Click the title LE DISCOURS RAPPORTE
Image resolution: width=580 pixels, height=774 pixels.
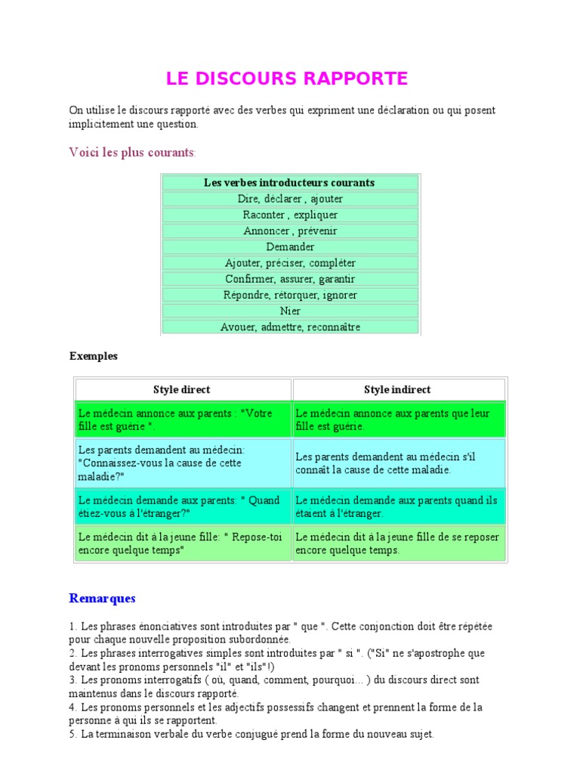click(x=287, y=79)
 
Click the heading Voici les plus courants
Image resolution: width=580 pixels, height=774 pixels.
click(x=132, y=153)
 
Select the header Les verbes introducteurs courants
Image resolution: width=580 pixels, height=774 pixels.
click(x=290, y=183)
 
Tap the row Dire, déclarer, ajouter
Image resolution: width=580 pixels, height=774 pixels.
click(x=290, y=199)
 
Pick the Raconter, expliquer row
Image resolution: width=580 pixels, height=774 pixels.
click(x=290, y=215)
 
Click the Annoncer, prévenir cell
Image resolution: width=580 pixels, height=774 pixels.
click(x=290, y=231)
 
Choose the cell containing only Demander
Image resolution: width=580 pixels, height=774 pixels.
click(x=290, y=246)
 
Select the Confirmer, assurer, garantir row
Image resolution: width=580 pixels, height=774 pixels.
click(x=290, y=279)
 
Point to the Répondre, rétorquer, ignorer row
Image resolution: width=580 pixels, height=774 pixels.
click(x=290, y=295)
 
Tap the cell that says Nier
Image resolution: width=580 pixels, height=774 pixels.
click(x=290, y=311)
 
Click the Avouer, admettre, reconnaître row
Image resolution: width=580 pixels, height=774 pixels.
click(x=290, y=327)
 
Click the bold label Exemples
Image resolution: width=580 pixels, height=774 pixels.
click(x=94, y=356)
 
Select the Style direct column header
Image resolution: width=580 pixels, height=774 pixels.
click(x=182, y=389)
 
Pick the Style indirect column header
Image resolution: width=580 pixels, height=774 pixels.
click(x=398, y=389)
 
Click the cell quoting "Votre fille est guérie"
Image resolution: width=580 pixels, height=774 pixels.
click(x=182, y=420)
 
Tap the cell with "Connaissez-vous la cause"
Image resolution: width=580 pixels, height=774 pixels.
click(x=182, y=463)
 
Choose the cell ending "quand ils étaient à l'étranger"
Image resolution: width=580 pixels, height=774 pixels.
click(x=398, y=506)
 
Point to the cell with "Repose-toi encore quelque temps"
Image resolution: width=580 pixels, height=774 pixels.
click(x=182, y=543)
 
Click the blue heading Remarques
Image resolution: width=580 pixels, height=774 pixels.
click(x=103, y=598)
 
